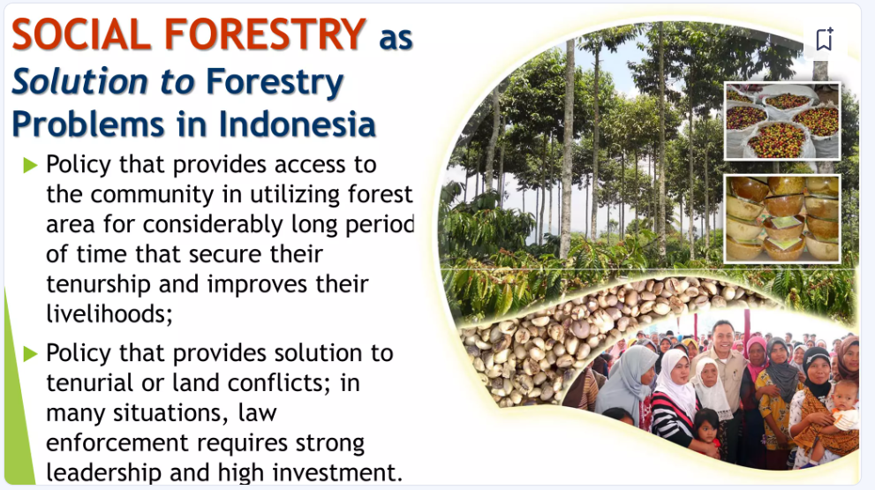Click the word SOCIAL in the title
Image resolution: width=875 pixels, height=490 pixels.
coord(81,34)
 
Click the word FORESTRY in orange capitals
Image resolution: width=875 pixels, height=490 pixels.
coord(265,34)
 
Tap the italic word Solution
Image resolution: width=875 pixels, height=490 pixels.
coord(79,81)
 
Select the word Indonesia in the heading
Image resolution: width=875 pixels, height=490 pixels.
coord(297,124)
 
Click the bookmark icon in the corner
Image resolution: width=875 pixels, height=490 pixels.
coord(824,39)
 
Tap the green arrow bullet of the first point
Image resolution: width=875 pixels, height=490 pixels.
coord(30,165)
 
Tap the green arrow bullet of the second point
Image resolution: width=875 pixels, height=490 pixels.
coord(30,353)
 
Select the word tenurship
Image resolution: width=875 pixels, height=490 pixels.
coord(98,284)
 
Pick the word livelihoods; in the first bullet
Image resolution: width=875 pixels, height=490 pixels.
coord(109,313)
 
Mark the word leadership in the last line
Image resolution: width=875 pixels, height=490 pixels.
coord(104,472)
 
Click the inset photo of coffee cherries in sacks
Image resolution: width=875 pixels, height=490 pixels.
coord(781,121)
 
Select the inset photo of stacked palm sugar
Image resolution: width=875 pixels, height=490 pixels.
coord(781,218)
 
